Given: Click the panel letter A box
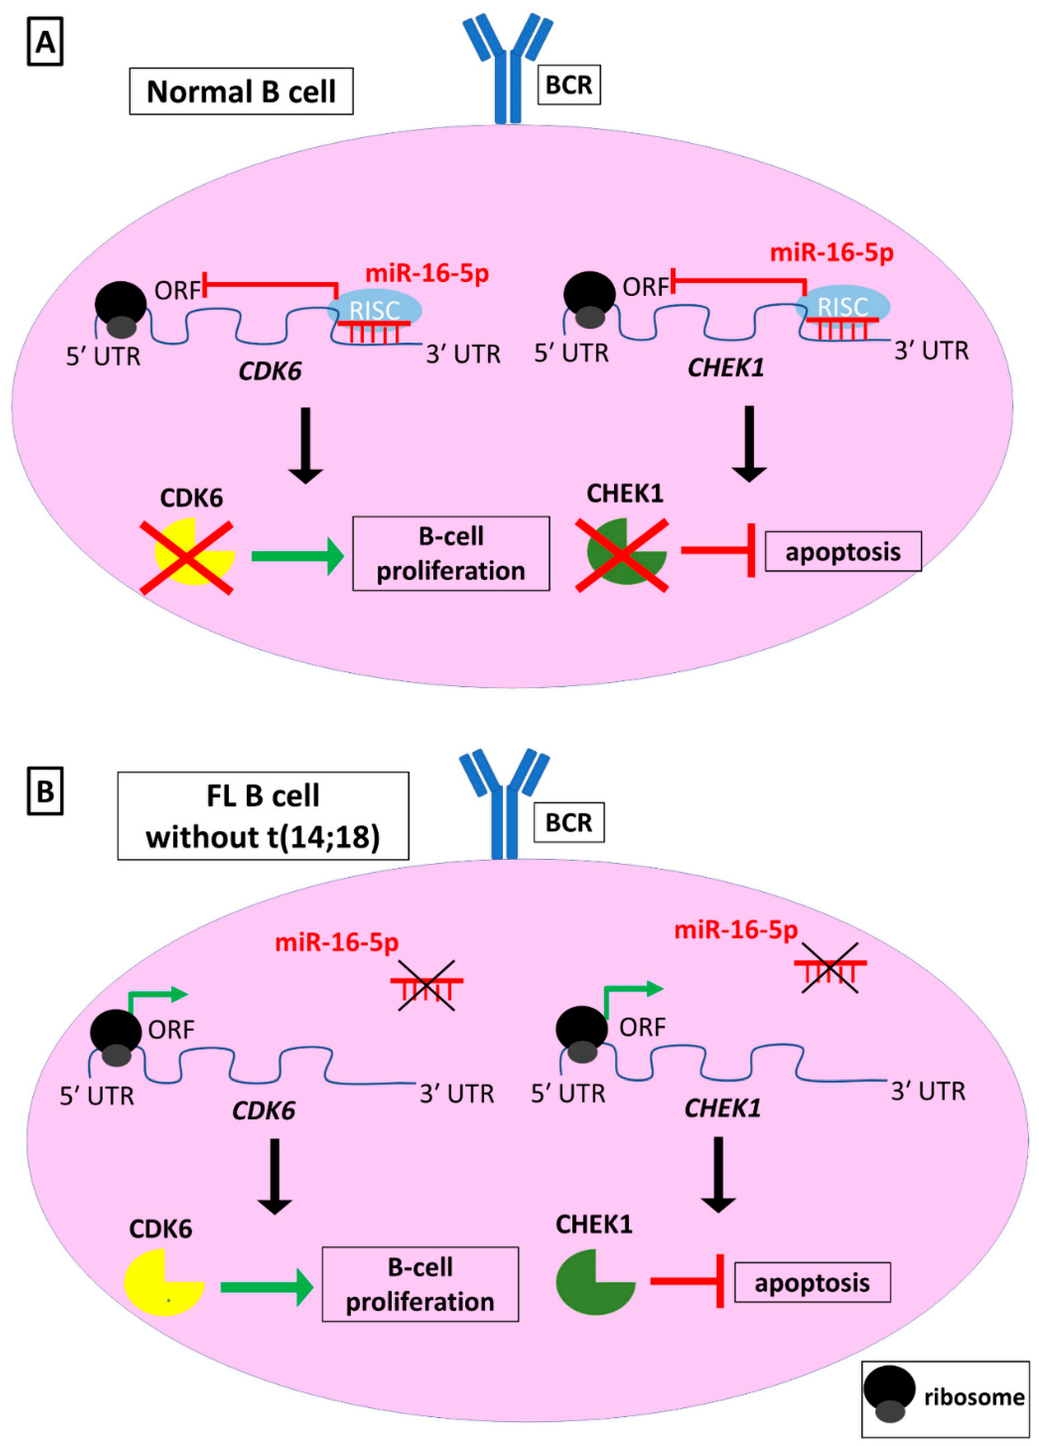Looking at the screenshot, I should (x=45, y=42).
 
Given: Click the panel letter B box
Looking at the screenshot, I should (x=45, y=791).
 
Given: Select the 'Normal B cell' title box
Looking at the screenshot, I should (x=241, y=91).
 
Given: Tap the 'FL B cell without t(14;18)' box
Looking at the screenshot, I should (x=263, y=816).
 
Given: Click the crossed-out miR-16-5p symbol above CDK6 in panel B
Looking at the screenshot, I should (x=426, y=985).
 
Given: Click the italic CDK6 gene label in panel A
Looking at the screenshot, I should (x=270, y=371).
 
